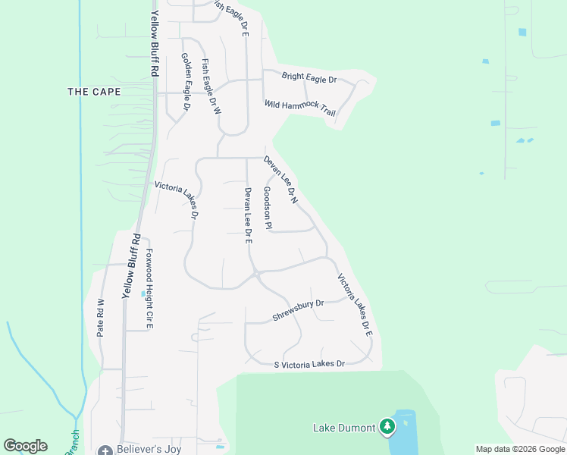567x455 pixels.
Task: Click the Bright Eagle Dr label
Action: tap(309, 77)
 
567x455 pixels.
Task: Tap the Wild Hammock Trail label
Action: tap(299, 108)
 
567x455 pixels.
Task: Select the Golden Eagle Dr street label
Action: tap(185, 82)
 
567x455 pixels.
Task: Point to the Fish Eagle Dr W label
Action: tap(211, 86)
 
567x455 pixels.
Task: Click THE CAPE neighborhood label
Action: tap(94, 92)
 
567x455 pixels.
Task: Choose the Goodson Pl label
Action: tap(267, 208)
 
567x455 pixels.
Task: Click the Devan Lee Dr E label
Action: tap(247, 215)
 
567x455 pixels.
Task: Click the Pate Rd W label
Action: tap(100, 317)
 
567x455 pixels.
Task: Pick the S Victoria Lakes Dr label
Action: tap(309, 365)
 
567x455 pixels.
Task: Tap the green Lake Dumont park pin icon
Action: tap(388, 427)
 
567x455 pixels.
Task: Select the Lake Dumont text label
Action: tap(344, 428)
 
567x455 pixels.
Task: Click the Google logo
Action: tap(25, 446)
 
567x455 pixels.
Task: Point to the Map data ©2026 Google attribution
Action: tap(520, 449)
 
